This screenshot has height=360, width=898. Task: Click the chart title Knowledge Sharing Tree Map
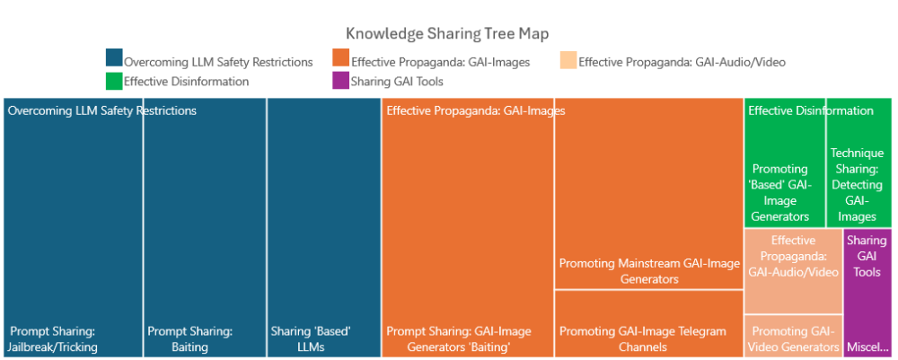(x=447, y=33)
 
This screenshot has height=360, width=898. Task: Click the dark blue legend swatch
(x=114, y=57)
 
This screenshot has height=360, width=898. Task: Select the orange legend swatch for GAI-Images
(x=340, y=57)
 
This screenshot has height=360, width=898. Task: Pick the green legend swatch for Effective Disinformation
(x=114, y=82)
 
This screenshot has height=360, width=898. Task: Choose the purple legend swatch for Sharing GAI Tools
(x=340, y=82)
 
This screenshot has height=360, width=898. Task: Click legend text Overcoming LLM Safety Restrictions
(x=218, y=62)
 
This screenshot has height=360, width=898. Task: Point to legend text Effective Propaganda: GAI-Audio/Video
(x=682, y=62)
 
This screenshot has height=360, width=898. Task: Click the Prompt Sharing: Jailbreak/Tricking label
(x=54, y=338)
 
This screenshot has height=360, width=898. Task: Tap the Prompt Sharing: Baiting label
(x=190, y=338)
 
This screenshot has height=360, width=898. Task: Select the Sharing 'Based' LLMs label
(x=311, y=338)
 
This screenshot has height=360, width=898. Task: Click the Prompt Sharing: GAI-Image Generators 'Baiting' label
(x=459, y=338)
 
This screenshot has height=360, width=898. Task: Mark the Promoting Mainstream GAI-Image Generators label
(x=649, y=271)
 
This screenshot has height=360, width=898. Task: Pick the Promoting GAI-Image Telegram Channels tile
(x=649, y=323)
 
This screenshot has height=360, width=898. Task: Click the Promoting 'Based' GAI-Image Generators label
(x=780, y=193)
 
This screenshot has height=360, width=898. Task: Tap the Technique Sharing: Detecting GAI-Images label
(x=858, y=184)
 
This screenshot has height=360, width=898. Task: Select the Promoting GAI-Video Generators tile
(x=793, y=336)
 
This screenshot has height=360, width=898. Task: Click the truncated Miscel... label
(x=867, y=347)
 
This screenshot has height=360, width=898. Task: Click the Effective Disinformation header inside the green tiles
(x=811, y=110)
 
